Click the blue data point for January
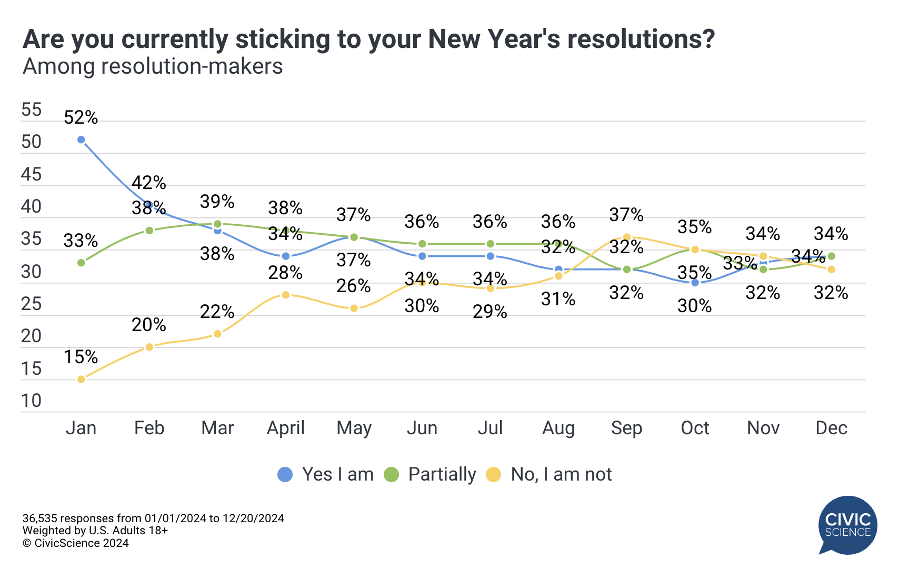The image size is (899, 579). tap(81, 139)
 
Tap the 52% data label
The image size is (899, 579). tap(81, 118)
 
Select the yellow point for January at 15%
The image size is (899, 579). tap(81, 379)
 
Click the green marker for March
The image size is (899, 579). tap(217, 224)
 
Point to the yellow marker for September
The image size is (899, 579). tap(626, 237)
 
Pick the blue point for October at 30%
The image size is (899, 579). tap(695, 283)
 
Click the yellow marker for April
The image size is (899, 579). tap(286, 295)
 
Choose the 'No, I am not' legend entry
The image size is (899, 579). tap(550, 474)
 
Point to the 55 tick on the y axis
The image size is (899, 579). tap(31, 109)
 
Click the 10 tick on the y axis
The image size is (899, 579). tap(31, 401)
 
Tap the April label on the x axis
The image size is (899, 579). tap(286, 428)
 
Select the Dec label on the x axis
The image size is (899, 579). tap(831, 428)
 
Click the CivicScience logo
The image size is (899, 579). tap(847, 525)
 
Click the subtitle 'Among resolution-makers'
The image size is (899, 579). tap(153, 66)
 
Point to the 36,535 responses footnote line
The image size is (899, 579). tap(153, 518)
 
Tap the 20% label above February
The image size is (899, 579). tap(149, 325)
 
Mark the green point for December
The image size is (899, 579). tap(831, 256)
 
